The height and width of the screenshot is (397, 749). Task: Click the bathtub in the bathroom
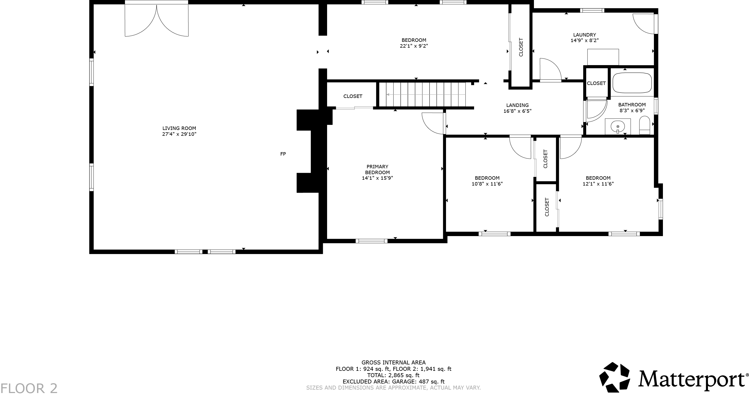tap(632, 83)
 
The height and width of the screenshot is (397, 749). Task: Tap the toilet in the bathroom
tap(645, 125)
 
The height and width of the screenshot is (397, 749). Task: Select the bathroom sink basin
tap(618, 127)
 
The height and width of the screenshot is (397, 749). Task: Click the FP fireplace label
tap(283, 154)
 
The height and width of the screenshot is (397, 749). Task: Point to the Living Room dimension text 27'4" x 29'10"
tap(179, 134)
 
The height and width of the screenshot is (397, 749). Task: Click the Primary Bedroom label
tap(377, 169)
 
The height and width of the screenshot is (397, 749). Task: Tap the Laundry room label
tap(585, 35)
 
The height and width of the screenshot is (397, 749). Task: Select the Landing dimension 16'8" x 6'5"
tap(517, 111)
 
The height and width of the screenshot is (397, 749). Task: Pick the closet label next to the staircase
tap(353, 96)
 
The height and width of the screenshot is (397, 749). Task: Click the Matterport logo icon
tap(614, 377)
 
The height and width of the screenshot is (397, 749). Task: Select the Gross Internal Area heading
tap(393, 362)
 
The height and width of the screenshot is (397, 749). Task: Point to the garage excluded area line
tap(393, 382)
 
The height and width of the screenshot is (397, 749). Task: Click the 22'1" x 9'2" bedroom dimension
tap(414, 46)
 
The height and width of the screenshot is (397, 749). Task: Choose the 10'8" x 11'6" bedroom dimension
tap(487, 184)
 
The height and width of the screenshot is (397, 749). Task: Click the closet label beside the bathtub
tap(596, 83)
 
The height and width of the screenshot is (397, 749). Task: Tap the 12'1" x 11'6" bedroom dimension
tap(598, 184)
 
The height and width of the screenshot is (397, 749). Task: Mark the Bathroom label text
tap(632, 105)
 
